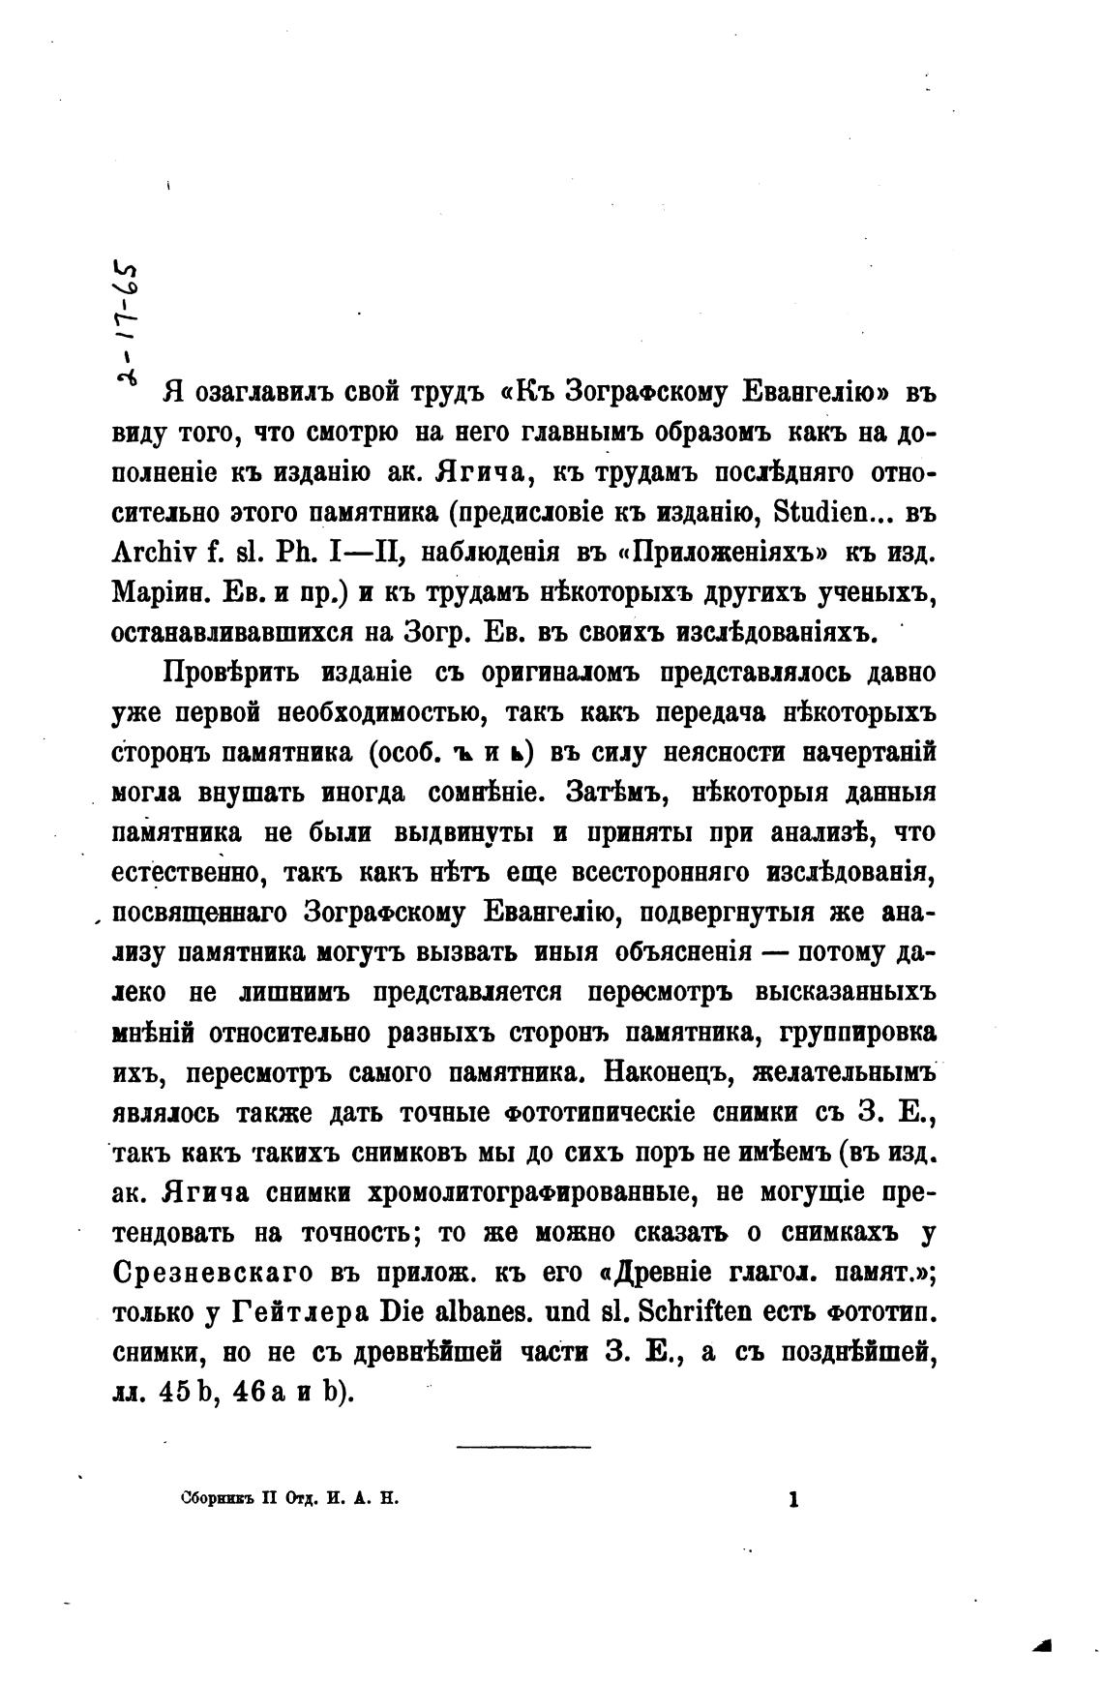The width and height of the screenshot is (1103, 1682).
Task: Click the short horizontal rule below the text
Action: point(522,1446)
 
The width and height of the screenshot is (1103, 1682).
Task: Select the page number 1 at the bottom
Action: point(794,1501)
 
